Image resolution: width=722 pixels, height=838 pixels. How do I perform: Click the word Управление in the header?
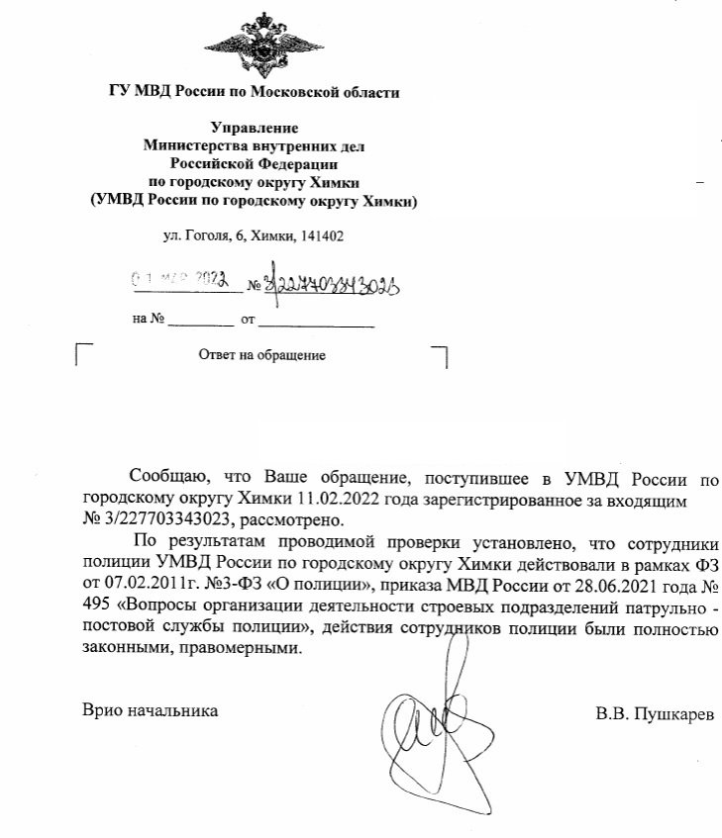[x=255, y=128]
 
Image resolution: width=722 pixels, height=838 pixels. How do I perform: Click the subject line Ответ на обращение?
[x=262, y=354]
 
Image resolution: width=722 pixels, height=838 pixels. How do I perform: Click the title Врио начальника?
[x=150, y=711]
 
